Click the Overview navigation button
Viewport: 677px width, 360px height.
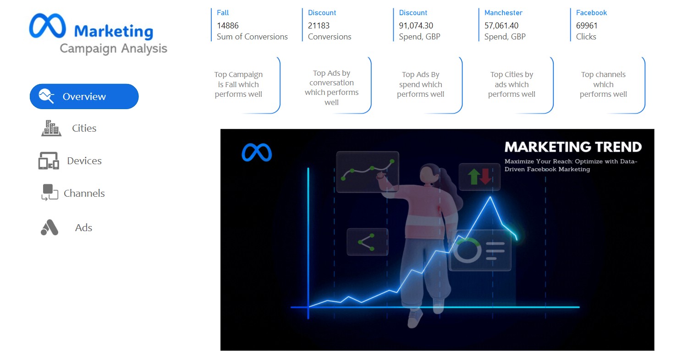[x=84, y=96]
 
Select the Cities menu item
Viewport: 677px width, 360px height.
[x=84, y=128]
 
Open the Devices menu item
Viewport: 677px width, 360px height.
[x=84, y=161]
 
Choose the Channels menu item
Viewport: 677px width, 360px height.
[x=84, y=194]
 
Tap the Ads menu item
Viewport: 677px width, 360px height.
[x=83, y=227]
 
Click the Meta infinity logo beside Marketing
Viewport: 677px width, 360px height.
[x=47, y=26]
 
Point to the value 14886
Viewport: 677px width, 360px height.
[x=228, y=26]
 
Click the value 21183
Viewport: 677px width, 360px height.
[x=319, y=26]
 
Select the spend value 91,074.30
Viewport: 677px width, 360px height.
[x=416, y=26]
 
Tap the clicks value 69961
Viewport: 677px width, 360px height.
[x=587, y=26]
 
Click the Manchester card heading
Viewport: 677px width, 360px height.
[x=503, y=13]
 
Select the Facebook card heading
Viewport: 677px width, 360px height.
[x=591, y=13]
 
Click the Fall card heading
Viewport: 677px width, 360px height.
[x=223, y=13]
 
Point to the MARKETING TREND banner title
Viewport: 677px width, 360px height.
[x=573, y=147]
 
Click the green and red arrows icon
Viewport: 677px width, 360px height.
[x=479, y=177]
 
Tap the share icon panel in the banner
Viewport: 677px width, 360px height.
[x=367, y=242]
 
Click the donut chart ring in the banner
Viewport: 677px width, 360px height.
[x=467, y=250]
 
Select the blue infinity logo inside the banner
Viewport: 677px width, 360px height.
[x=257, y=152]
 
